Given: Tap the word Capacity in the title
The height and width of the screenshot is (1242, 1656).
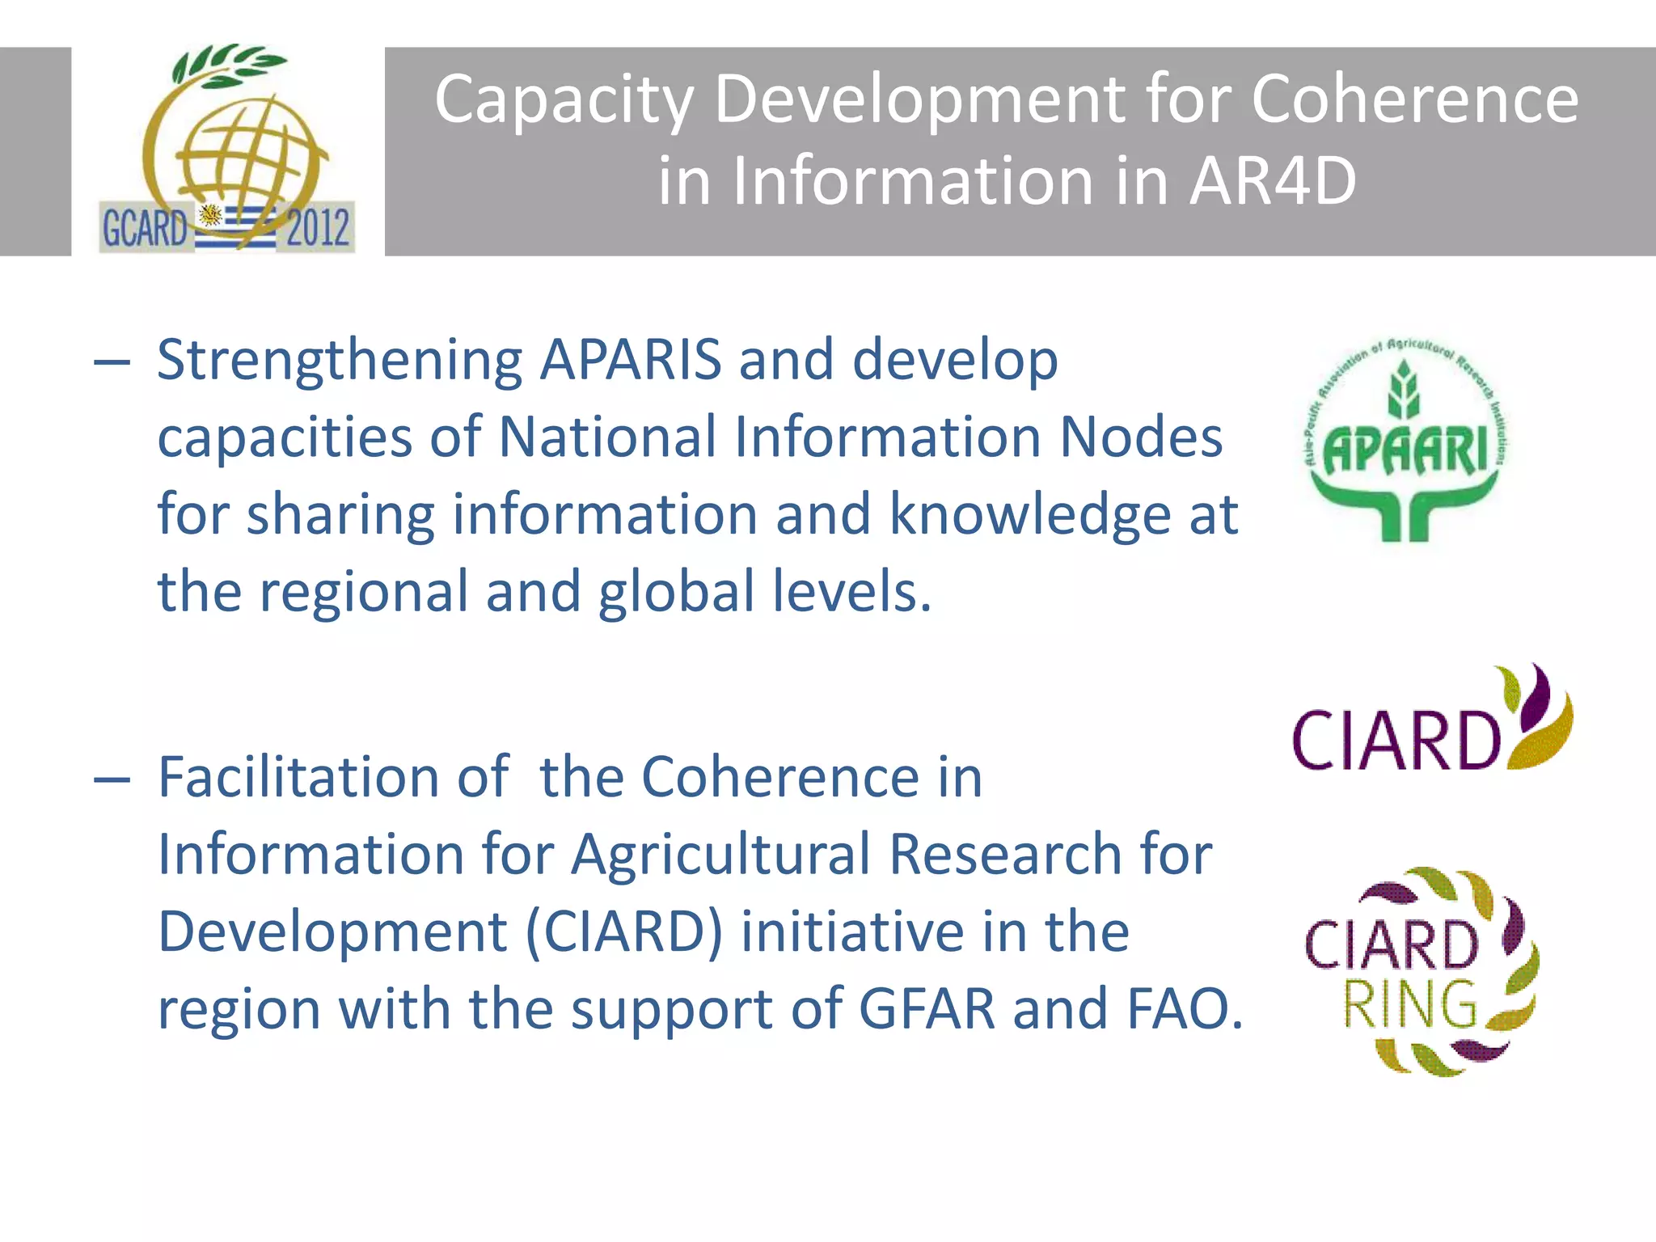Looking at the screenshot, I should [x=564, y=99].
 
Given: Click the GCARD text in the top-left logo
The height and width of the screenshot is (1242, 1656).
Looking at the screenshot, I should [x=145, y=228].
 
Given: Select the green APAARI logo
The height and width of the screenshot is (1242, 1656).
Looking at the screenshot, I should [x=1405, y=441].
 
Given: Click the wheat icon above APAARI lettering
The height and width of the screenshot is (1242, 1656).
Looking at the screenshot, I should [x=1404, y=391].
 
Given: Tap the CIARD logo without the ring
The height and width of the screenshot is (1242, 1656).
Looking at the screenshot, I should [x=1431, y=720].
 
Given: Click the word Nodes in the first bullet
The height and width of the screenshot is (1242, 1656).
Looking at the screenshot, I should [x=1141, y=437].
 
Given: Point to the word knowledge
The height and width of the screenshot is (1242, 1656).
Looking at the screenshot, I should [x=1030, y=514].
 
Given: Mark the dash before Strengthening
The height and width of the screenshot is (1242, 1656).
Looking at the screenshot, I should [x=112, y=361].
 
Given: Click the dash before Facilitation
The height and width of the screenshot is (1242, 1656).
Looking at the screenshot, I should [x=112, y=779].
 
